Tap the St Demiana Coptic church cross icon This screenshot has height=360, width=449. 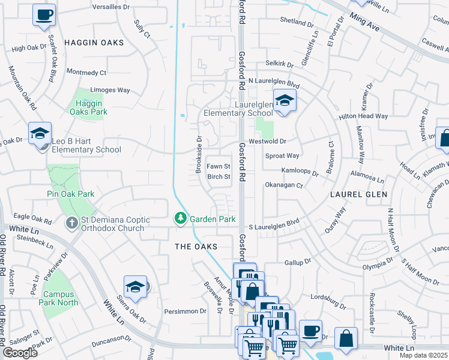point(71,223)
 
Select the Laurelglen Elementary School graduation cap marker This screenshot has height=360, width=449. point(285,100)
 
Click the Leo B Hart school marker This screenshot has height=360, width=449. point(40,133)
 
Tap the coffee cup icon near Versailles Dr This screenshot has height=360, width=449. point(44,15)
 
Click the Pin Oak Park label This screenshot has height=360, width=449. point(71,194)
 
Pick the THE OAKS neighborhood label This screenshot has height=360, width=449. point(195,247)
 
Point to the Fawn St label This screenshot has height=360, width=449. point(218,166)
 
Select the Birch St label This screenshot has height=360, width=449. point(218,177)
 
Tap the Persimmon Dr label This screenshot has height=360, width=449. point(185,311)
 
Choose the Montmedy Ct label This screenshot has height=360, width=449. point(86,72)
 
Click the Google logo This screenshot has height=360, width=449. point(20,353)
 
